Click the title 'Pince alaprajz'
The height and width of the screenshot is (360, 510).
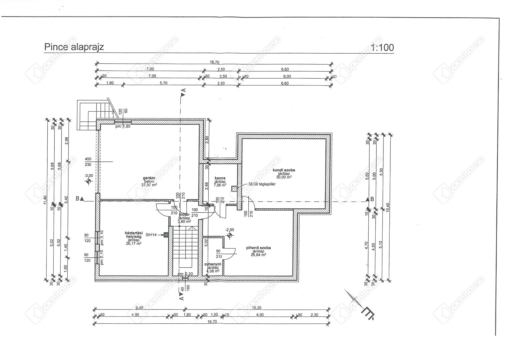(74, 47)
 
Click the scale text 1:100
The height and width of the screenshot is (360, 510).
(382, 48)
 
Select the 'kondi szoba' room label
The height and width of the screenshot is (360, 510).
(284, 170)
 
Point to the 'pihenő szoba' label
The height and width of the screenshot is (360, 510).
(258, 248)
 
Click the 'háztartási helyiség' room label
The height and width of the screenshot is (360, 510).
(133, 235)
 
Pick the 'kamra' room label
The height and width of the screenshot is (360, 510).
(220, 178)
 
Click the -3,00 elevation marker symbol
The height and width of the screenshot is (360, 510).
(89, 181)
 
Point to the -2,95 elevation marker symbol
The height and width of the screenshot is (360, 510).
(229, 235)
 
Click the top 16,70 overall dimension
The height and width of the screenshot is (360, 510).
(214, 62)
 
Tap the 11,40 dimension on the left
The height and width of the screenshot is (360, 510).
(46, 201)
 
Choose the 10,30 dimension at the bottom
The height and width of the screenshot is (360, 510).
(257, 308)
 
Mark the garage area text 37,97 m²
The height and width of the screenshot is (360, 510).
(149, 185)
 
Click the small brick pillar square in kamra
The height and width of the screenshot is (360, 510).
(235, 188)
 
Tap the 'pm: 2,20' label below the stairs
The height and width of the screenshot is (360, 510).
(185, 274)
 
